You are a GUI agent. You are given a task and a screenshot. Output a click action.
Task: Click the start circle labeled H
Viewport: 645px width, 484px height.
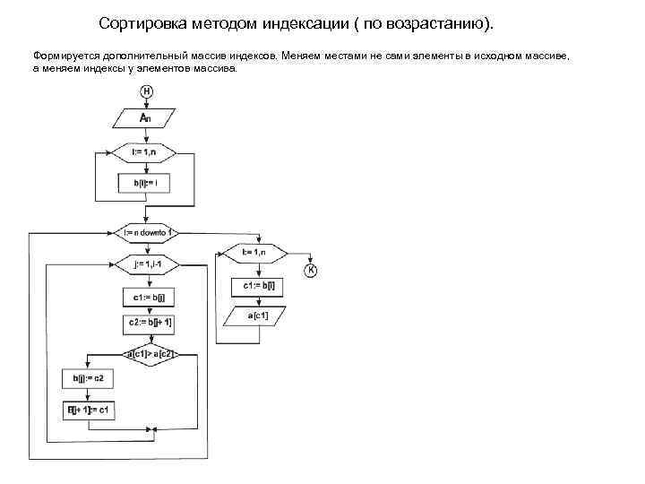pos(145,91)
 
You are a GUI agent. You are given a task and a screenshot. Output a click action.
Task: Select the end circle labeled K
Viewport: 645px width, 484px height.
pos(311,270)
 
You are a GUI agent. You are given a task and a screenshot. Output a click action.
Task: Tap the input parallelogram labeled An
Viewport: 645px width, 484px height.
pos(145,118)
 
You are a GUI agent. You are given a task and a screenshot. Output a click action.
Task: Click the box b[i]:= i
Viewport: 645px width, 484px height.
pos(145,183)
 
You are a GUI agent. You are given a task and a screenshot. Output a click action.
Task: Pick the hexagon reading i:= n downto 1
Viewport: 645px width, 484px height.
pos(145,232)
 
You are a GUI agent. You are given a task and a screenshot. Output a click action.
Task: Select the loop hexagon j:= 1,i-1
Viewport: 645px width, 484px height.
pos(145,264)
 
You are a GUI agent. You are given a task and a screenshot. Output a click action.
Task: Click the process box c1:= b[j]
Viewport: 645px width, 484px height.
pos(145,297)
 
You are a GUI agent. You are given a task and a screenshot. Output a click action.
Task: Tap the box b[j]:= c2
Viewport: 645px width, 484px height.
pos(88,378)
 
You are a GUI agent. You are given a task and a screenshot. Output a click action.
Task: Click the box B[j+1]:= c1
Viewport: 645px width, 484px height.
pos(88,410)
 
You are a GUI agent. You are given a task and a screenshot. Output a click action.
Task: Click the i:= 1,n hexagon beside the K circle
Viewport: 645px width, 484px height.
pos(254,254)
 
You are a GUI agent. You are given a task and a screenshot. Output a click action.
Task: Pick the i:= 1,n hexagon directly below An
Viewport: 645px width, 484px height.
pos(145,152)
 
